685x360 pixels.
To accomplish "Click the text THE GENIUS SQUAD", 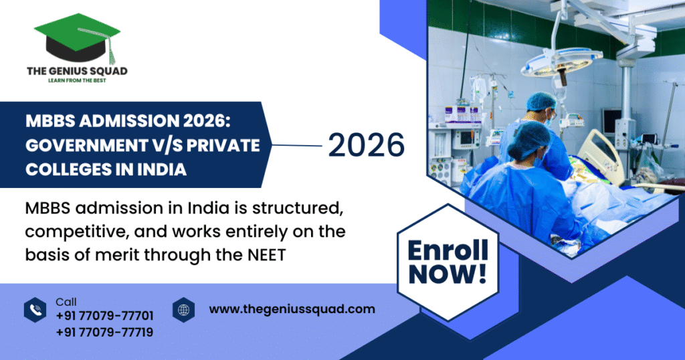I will tap(77, 70).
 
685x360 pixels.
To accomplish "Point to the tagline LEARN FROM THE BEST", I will tap(77, 80).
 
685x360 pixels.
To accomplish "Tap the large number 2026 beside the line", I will tap(366, 145).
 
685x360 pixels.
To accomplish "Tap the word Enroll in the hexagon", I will tap(448, 251).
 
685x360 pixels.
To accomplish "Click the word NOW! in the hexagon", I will tap(448, 273).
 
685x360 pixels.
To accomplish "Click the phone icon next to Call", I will tap(35, 309).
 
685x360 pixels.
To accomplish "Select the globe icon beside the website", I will tap(183, 309).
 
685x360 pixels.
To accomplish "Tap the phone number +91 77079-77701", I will tap(104, 316).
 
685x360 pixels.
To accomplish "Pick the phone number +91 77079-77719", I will tap(104, 331).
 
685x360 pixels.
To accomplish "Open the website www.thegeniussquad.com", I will tap(292, 309).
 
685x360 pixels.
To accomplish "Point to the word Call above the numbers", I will tap(66, 302).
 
